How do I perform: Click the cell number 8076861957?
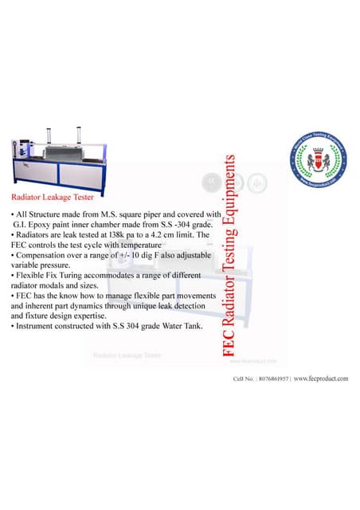(x=267, y=379)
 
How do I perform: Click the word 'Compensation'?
(x=38, y=257)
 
